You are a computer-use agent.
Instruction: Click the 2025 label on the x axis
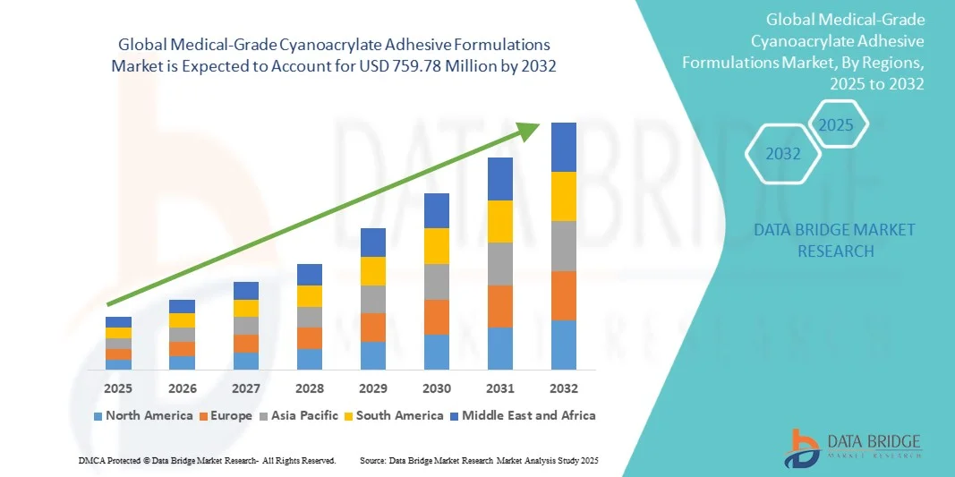tap(118, 388)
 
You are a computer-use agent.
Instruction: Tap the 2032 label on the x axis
tap(564, 388)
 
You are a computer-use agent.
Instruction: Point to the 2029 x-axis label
tap(373, 388)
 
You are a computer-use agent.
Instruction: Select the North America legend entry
tap(142, 415)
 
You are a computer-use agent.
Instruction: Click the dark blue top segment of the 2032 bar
tap(564, 147)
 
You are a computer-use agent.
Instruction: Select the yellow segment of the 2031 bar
tap(500, 221)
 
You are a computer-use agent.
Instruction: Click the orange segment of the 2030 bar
tap(437, 317)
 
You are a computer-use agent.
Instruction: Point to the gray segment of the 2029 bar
tap(373, 299)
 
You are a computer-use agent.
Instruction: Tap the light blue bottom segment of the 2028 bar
tap(310, 359)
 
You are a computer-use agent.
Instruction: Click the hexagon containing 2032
tap(783, 154)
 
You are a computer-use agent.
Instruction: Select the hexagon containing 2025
tap(837, 124)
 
